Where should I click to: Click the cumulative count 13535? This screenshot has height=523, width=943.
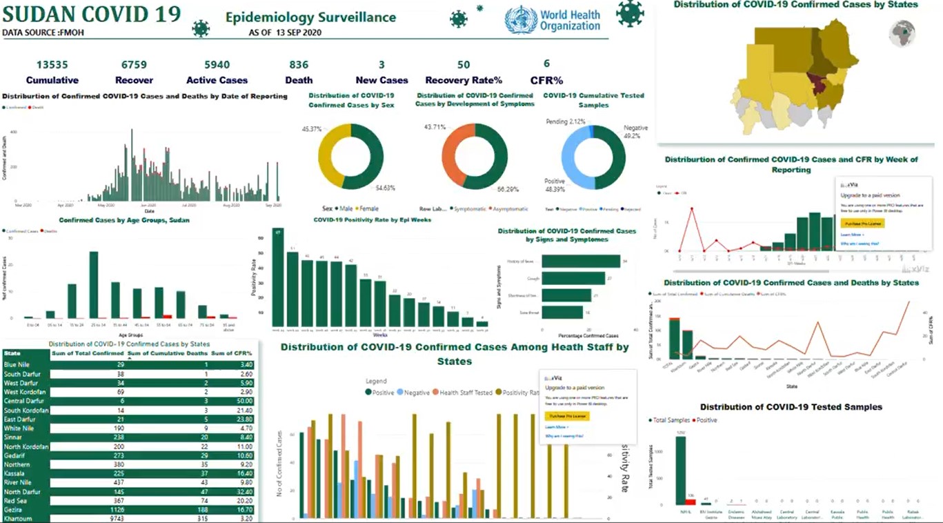point(52,65)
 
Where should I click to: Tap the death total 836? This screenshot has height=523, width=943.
point(299,65)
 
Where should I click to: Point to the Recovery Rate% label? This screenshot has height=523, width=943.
point(464,80)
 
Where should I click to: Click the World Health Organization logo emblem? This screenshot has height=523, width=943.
point(520,20)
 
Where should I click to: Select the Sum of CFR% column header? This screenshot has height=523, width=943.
point(231,353)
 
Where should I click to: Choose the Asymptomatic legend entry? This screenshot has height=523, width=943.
point(510,208)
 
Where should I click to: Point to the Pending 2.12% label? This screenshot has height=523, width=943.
point(566,122)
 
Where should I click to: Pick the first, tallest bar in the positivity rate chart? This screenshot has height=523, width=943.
point(277,277)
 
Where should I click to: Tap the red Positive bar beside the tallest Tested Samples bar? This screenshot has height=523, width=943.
point(691,502)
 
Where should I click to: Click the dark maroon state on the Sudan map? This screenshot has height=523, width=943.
point(819,86)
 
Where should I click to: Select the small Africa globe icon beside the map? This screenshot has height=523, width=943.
point(902,33)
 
